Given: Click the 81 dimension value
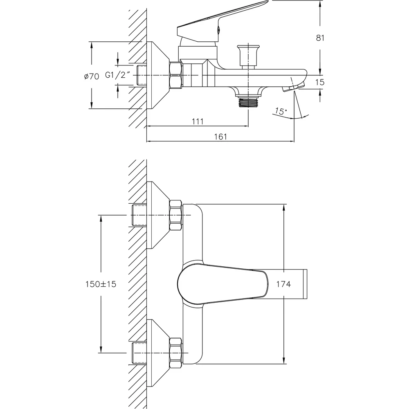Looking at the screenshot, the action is click(x=320, y=38).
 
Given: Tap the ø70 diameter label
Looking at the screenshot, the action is click(x=92, y=76).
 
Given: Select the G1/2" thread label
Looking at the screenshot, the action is click(x=118, y=75).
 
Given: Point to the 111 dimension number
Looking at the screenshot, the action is click(x=198, y=121).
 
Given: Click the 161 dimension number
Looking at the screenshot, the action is click(x=221, y=137).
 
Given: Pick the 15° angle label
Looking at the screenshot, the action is click(x=281, y=111).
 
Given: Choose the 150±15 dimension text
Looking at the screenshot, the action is click(x=101, y=284).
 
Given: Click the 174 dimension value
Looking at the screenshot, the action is click(x=283, y=284).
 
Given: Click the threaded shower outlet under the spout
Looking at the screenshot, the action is click(x=248, y=101).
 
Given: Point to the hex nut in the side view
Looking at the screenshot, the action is click(x=175, y=75).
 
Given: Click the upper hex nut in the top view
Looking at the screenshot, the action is click(x=175, y=215).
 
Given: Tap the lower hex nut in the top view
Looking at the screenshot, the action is click(x=175, y=353).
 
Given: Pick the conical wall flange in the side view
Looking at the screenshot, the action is click(x=158, y=75).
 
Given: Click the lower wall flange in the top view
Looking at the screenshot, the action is click(x=158, y=353).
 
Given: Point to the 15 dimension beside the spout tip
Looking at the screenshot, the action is click(x=320, y=82).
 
